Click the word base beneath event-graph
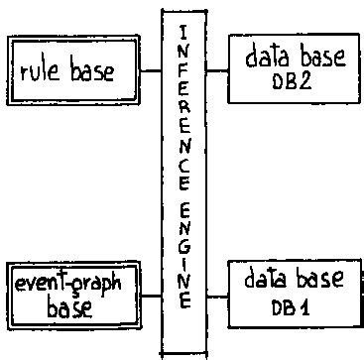pos(68,306)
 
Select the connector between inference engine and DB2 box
pos(217,71)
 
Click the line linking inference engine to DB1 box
pos(217,295)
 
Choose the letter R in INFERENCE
pos(183,103)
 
